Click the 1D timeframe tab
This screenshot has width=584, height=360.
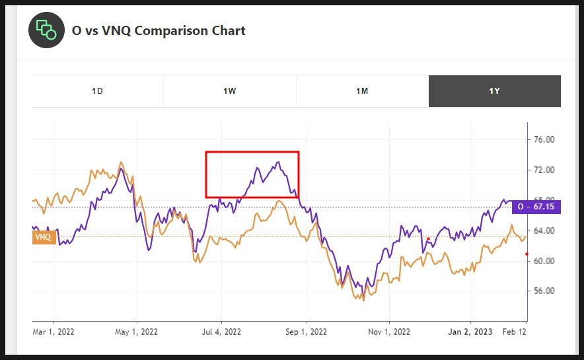pyautogui.click(x=97, y=91)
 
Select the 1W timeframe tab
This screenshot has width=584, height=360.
pyautogui.click(x=229, y=91)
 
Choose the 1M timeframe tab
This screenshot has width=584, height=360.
pyautogui.click(x=362, y=91)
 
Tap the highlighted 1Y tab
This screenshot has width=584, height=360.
pyautogui.click(x=494, y=91)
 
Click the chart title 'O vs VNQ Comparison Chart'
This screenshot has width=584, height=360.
pyautogui.click(x=158, y=30)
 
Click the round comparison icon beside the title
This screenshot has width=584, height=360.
pyautogui.click(x=46, y=30)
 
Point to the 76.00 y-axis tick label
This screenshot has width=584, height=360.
pyautogui.click(x=543, y=140)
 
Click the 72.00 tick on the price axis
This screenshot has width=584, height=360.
pyautogui.click(x=543, y=170)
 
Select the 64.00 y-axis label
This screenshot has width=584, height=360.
pyautogui.click(x=543, y=231)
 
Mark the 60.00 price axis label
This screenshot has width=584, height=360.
pyautogui.click(x=543, y=261)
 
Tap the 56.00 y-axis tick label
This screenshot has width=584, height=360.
pyautogui.click(x=543, y=291)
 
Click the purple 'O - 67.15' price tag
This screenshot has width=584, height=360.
pyautogui.click(x=536, y=207)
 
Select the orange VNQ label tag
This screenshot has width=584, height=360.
pyautogui.click(x=44, y=237)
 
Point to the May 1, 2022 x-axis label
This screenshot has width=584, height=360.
pyautogui.click(x=136, y=332)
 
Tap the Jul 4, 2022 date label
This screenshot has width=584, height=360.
pyautogui.click(x=221, y=332)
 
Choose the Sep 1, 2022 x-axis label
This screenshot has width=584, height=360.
pyautogui.click(x=306, y=332)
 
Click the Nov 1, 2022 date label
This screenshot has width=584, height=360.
pyautogui.click(x=388, y=332)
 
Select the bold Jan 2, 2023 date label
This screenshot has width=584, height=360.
pyautogui.click(x=470, y=332)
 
